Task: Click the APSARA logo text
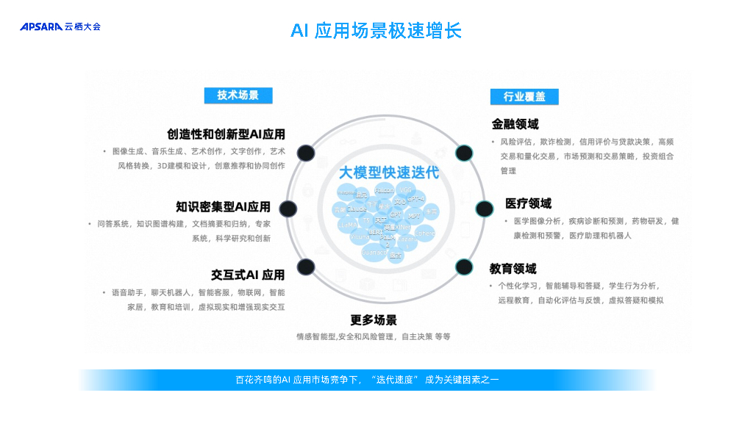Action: pos(40,27)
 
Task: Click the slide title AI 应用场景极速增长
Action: pos(376,31)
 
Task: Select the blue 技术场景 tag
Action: pos(238,95)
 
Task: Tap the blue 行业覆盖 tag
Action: pos(524,96)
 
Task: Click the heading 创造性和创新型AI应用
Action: pos(226,134)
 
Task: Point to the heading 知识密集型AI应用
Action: pos(223,206)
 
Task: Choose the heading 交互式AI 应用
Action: pos(247,275)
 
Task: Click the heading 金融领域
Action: pos(515,124)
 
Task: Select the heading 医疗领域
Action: pos(528,203)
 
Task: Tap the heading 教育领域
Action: pos(513,268)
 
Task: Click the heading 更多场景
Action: pos(374,319)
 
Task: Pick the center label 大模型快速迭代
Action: pos(388,173)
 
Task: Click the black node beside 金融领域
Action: pos(463,153)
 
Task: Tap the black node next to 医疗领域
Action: pos(484,209)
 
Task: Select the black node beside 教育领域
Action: pos(464,265)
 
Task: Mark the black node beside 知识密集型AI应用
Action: pos(288,209)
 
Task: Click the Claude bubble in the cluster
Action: pos(357,209)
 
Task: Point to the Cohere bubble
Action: pos(425,234)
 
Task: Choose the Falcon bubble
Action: pos(384,190)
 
